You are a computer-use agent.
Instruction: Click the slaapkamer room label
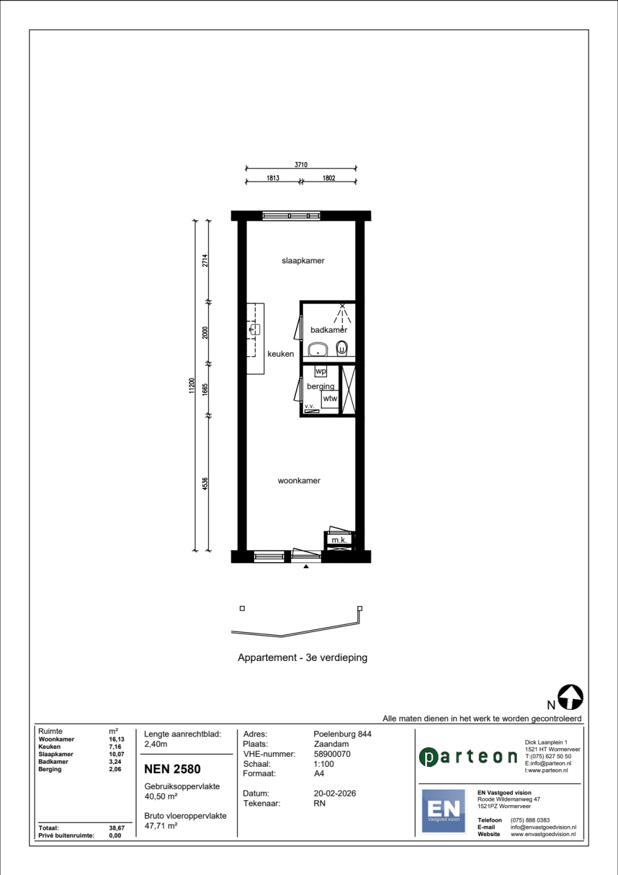click(303, 261)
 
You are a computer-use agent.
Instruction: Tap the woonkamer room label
click(298, 481)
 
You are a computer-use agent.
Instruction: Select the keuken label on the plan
click(281, 354)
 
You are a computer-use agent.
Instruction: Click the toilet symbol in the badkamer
click(342, 348)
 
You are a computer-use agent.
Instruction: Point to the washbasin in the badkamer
click(318, 349)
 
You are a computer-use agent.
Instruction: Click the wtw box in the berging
click(330, 399)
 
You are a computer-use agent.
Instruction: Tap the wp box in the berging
click(321, 371)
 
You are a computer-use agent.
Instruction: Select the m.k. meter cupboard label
click(339, 540)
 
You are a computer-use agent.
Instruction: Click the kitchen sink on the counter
click(255, 330)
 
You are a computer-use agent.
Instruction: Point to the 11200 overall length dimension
click(192, 385)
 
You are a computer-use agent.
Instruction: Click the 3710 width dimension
click(301, 165)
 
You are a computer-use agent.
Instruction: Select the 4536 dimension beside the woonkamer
click(205, 484)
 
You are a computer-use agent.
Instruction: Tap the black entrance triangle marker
click(306, 566)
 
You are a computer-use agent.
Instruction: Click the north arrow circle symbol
click(570, 697)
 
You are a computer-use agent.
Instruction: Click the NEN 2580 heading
click(172, 769)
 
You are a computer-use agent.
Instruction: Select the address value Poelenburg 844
click(342, 734)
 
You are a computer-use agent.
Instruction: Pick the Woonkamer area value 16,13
click(116, 739)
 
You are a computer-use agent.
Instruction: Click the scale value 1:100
click(324, 764)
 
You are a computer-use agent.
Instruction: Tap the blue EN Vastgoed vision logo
click(444, 811)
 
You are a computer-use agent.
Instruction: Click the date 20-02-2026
click(334, 793)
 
